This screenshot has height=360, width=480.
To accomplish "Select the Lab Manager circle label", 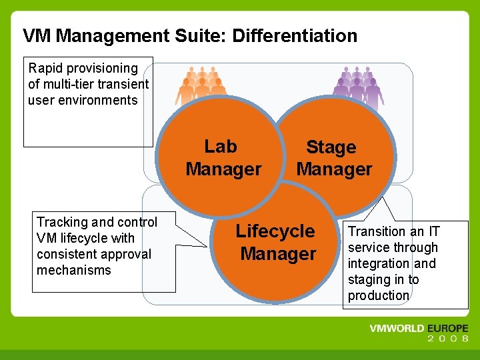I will (x=223, y=158).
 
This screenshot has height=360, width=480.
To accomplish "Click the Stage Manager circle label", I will (x=333, y=159).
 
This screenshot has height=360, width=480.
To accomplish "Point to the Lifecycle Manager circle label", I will (x=276, y=243).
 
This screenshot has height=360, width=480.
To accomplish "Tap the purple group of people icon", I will (x=358, y=87).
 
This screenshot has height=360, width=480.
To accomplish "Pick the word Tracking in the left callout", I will (x=61, y=223).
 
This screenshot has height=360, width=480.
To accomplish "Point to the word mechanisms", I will (x=73, y=270).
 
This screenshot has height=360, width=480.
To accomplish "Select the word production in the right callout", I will (x=378, y=296).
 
